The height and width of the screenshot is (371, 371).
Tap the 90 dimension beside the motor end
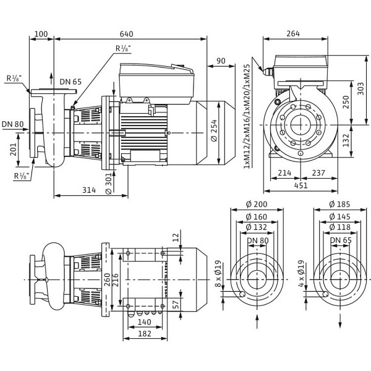point(221,61)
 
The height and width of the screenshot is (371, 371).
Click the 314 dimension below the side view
point(90,190)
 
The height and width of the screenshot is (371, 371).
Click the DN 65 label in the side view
point(70,81)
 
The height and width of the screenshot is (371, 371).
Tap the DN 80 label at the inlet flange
point(12,124)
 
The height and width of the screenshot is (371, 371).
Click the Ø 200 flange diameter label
point(257,205)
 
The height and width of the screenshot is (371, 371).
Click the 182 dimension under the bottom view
point(144,334)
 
